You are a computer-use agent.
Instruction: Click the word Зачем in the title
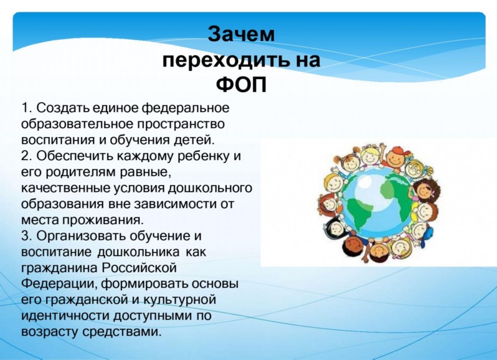pos(241,34)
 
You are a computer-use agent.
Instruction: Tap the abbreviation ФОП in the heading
pos(241,85)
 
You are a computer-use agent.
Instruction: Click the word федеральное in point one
pos(185,108)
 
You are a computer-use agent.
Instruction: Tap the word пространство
pos(181,124)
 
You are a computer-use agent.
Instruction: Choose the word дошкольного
pos(210,189)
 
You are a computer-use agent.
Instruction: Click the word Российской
pos(139,268)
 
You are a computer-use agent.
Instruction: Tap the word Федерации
pos(59,284)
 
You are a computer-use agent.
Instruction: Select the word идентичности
pos(65,316)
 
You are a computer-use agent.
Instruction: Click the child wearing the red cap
pos(396,156)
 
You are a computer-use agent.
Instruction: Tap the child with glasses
pos(416,168)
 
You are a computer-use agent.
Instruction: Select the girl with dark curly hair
pos(425,189)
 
